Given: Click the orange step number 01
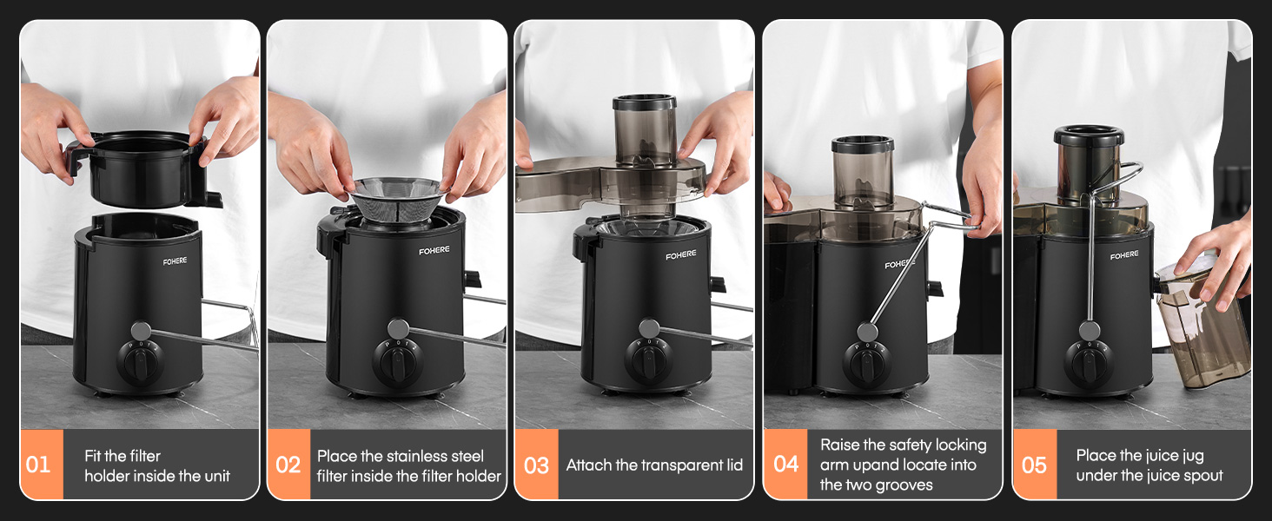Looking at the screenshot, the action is coord(37,465).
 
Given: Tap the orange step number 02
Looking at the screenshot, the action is coord(288,465).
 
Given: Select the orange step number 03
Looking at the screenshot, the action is coord(536,465).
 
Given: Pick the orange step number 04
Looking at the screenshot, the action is coord(786,465).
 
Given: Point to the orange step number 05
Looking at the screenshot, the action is coord(1034,465).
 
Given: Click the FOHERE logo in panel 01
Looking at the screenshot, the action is coord(175,261).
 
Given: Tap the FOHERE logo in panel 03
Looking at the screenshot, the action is coord(681,254).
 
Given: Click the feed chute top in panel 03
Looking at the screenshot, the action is coord(644,102).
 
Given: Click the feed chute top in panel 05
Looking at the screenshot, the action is coord(1089,135).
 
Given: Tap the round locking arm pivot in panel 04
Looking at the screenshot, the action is coord(867,332).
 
